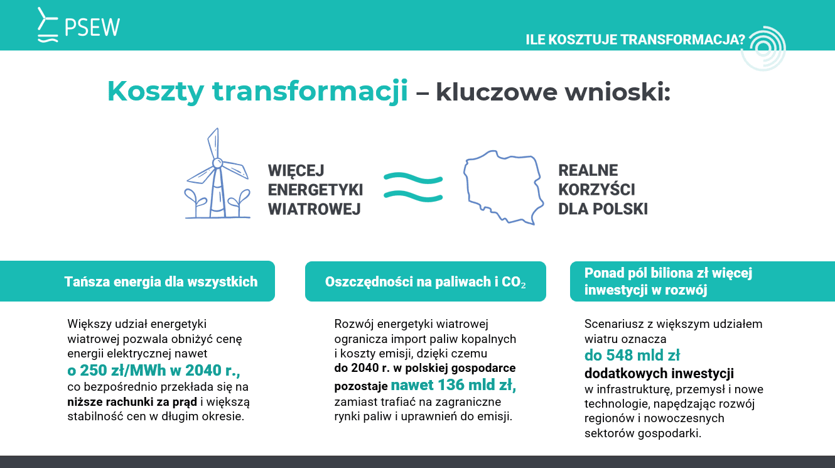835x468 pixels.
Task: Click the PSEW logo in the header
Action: pyautogui.click(x=78, y=26)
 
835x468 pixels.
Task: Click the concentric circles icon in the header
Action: pyautogui.click(x=763, y=48)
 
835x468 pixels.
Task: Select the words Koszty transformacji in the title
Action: pyautogui.click(x=257, y=91)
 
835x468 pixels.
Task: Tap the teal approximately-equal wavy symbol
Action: pyautogui.click(x=412, y=187)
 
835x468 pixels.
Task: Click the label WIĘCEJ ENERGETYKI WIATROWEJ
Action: pyautogui.click(x=315, y=190)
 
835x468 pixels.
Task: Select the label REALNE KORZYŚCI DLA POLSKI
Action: pyautogui.click(x=602, y=190)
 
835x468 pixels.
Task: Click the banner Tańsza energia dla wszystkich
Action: pyautogui.click(x=161, y=281)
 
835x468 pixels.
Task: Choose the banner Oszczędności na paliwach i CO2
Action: pyautogui.click(x=425, y=281)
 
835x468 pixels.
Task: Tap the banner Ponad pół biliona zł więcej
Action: pyautogui.click(x=668, y=281)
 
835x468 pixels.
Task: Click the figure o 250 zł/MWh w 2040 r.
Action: pyautogui.click(x=153, y=369)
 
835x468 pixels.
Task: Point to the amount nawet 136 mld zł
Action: pyautogui.click(x=453, y=384)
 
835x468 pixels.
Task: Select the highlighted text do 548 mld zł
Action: pyautogui.click(x=632, y=355)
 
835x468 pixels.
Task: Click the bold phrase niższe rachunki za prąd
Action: pyautogui.click(x=132, y=401)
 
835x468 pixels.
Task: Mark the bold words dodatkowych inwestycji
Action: pyautogui.click(x=659, y=373)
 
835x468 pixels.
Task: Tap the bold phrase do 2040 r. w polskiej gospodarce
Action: pyautogui.click(x=424, y=367)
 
